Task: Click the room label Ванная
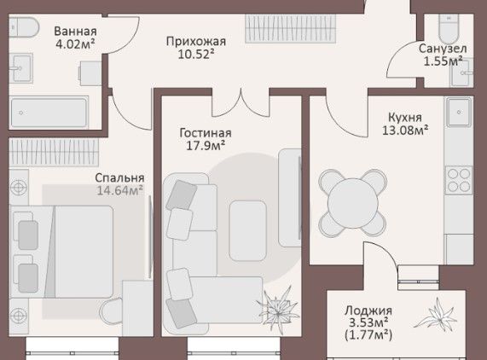(75, 32)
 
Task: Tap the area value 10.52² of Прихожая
(196, 55)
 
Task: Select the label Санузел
(443, 49)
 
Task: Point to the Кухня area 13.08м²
(405, 131)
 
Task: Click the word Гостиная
(206, 133)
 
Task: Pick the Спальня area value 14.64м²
(120, 190)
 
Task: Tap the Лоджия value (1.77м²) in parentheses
(368, 335)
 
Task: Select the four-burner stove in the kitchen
(459, 180)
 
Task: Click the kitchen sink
(459, 112)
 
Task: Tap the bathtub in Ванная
(49, 113)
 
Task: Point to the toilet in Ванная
(23, 27)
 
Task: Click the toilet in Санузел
(449, 28)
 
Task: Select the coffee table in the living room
(247, 230)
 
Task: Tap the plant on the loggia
(436, 314)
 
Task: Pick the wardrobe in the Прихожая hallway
(290, 28)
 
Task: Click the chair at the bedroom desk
(111, 313)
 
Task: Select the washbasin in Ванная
(20, 68)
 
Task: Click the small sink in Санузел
(462, 73)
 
